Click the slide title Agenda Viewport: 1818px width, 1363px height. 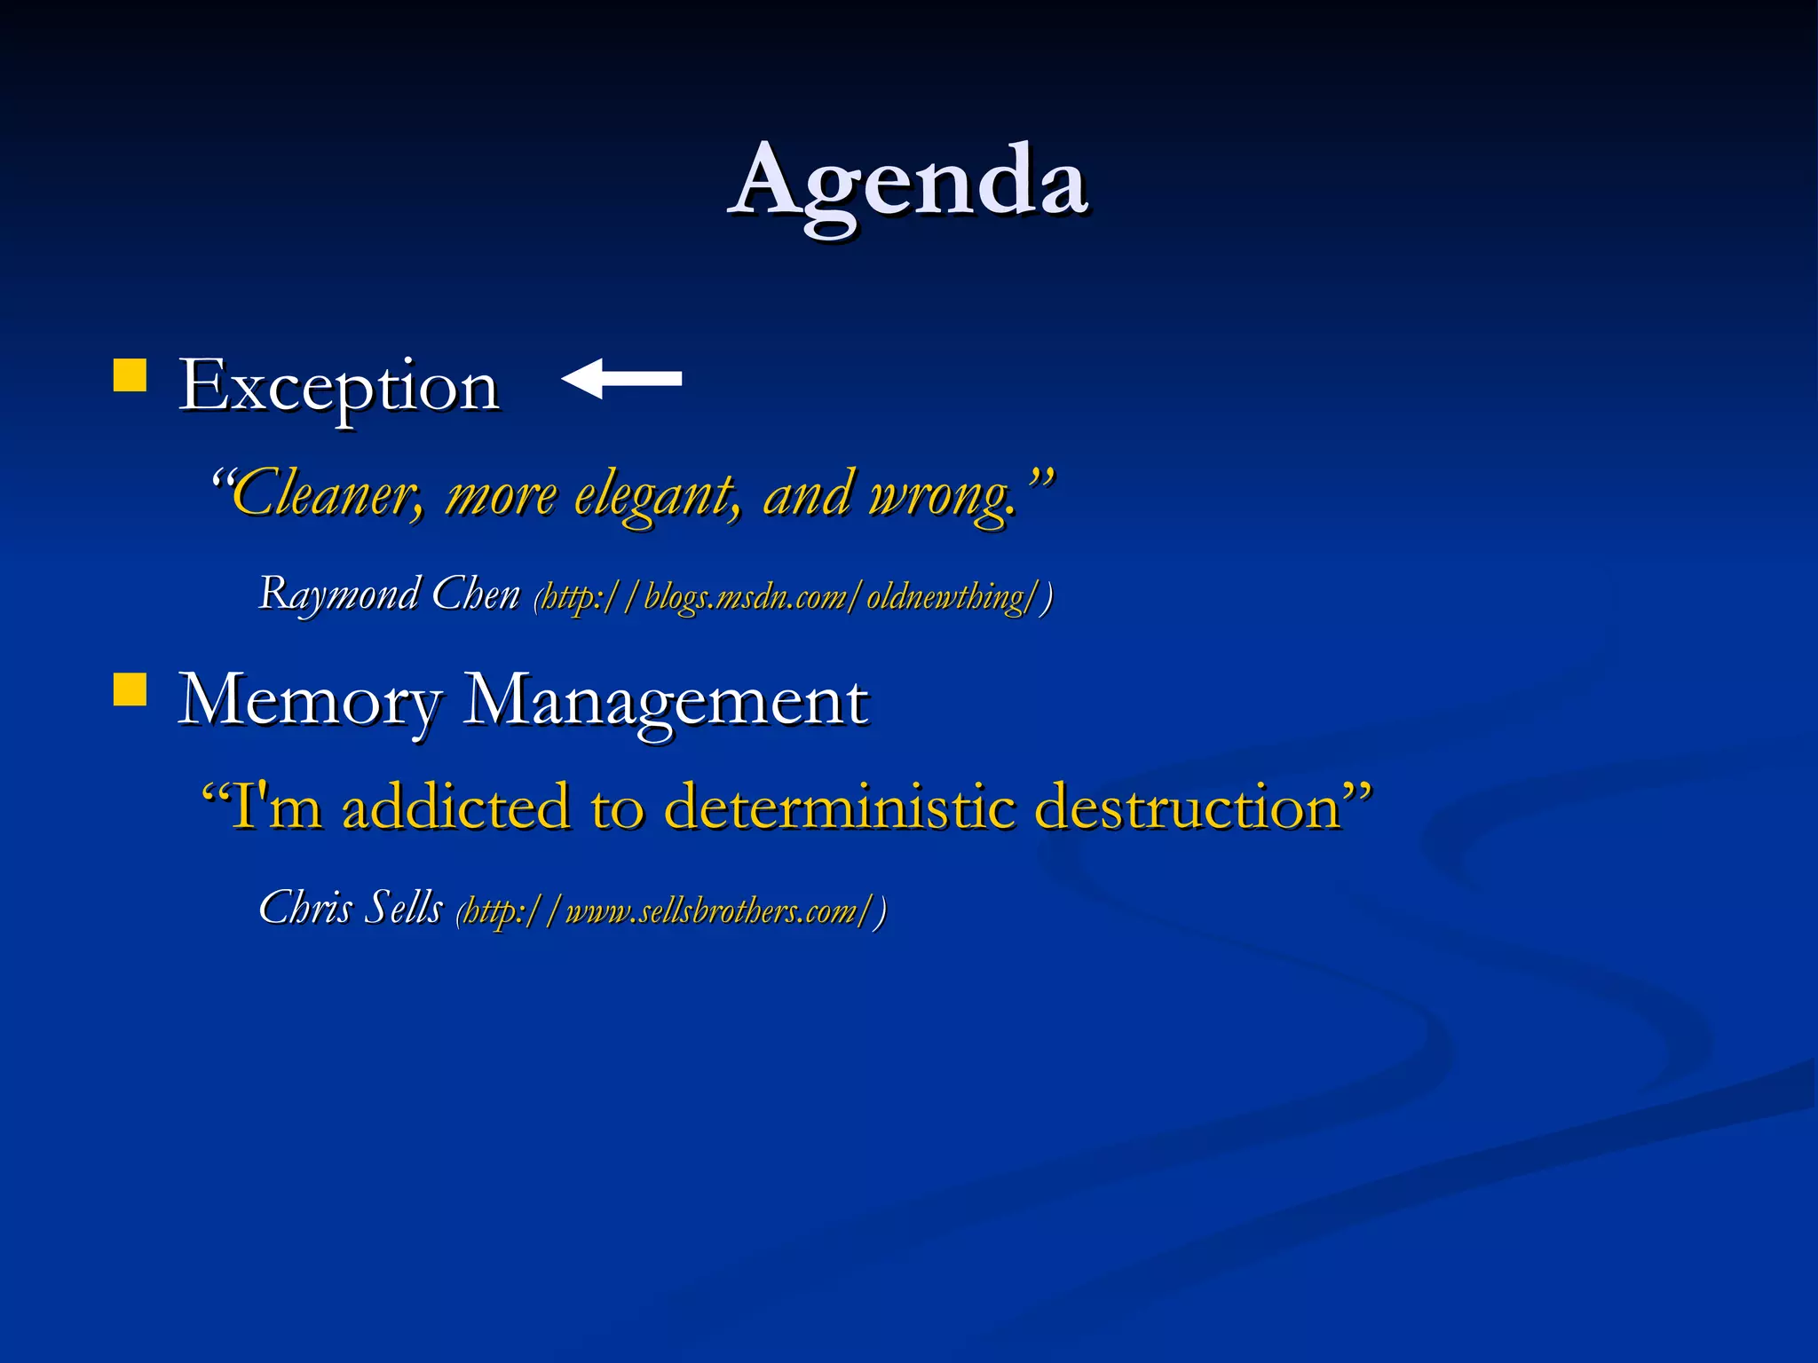909,182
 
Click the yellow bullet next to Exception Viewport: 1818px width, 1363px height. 130,375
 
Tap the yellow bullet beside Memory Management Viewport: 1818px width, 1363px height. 130,689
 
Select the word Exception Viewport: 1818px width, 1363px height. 339,387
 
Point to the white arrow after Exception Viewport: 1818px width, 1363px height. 622,379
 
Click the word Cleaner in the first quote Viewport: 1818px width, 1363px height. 326,495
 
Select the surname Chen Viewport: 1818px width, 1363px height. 476,593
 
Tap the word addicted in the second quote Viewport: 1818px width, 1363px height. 455,808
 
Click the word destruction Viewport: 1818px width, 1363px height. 1188,808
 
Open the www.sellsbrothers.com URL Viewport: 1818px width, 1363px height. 671,912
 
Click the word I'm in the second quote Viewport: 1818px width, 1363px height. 275,808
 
